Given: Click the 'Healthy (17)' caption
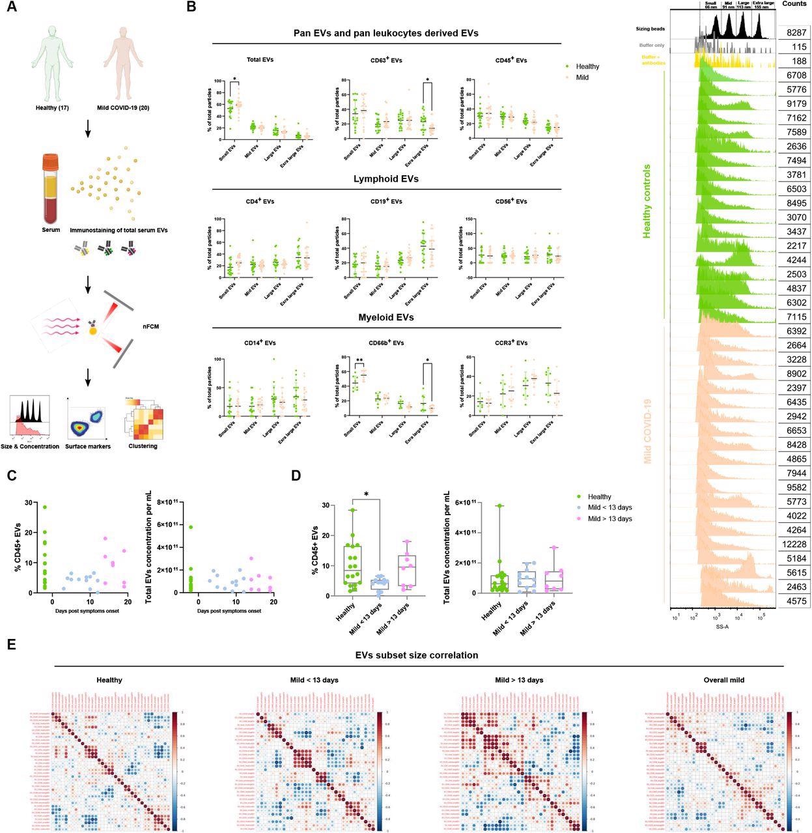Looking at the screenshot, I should click(51, 107).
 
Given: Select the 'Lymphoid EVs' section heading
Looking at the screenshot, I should click(386, 178).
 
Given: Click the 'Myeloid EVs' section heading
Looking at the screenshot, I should click(386, 317).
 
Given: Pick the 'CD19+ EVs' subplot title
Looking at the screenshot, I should click(385, 202).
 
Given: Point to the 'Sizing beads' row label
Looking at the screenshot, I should click(652, 29).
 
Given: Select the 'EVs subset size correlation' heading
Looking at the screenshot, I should click(417, 655).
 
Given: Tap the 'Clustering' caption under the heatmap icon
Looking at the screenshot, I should click(143, 446).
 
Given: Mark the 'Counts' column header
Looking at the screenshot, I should click(794, 4).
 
